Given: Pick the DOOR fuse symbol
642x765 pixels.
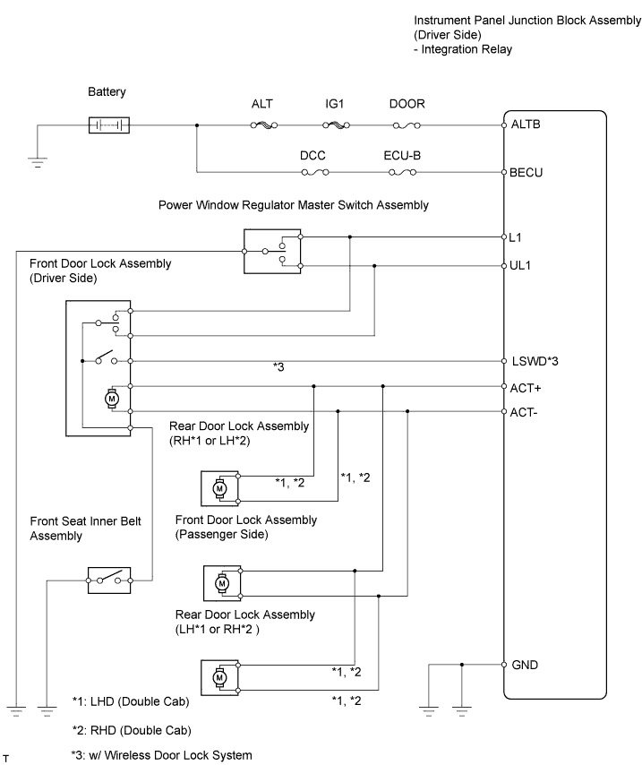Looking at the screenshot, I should point(407,125).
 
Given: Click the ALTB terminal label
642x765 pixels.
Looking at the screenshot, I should point(526,125).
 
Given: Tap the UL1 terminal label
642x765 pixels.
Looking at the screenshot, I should point(521,266).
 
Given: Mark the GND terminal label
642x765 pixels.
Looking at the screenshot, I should point(526,666).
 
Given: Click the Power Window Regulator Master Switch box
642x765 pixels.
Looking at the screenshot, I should point(272,252).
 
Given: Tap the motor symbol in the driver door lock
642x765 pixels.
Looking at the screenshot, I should point(113,397).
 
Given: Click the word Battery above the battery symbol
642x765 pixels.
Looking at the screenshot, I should point(107,91).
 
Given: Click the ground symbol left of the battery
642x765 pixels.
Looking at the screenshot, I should point(37,161).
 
